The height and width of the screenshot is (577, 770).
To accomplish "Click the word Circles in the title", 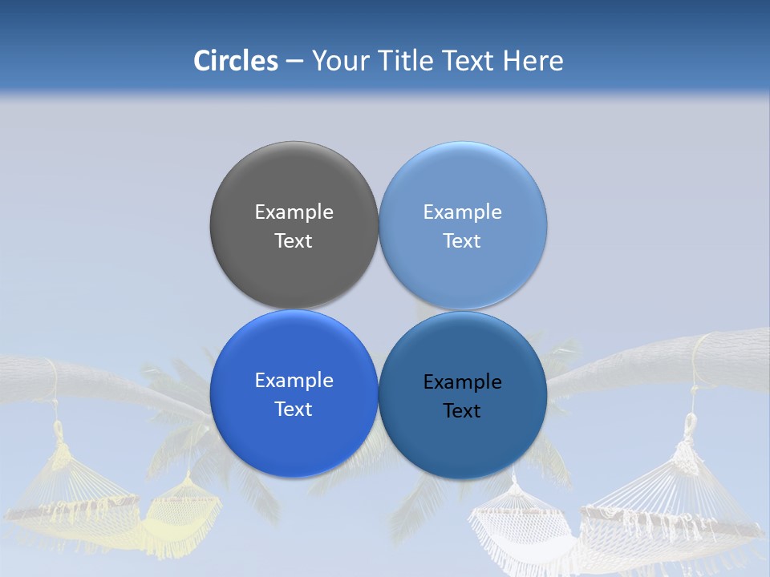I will coord(235,61).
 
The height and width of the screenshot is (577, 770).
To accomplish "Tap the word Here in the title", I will coord(533,61).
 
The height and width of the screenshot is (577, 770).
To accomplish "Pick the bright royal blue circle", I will coord(294,437).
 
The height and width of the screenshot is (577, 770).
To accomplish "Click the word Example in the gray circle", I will coord(294,212).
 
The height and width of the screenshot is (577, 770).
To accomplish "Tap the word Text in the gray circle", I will coord(294,241).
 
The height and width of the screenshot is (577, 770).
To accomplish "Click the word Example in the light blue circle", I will coord(463,212).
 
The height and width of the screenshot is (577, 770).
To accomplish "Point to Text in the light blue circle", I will coord(463,241).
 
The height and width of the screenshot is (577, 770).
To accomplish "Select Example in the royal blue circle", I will coord(294,381).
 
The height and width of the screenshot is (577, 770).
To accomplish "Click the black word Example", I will coord(463,382).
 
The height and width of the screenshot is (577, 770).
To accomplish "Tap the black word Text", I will coord(463,411).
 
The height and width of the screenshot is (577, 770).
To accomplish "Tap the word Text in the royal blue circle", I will coord(294,410).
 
